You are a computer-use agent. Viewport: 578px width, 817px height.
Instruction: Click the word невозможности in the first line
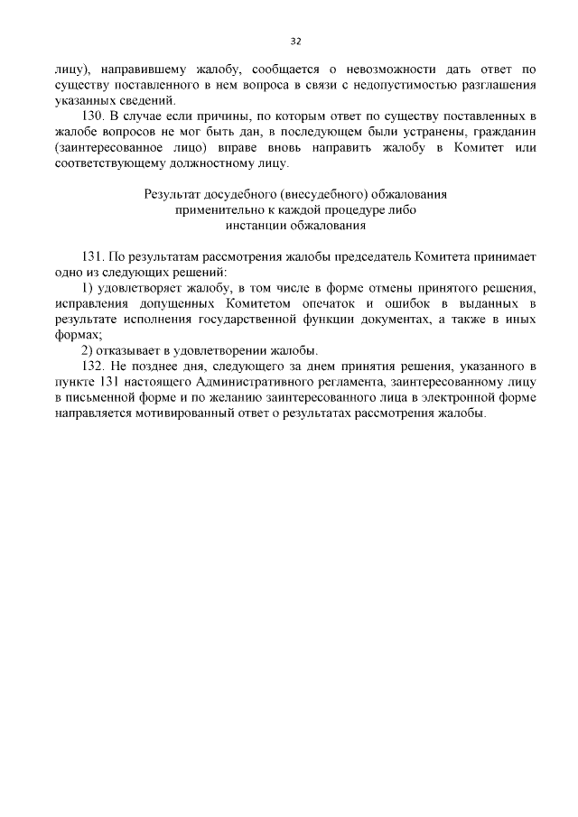tap(380, 68)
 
